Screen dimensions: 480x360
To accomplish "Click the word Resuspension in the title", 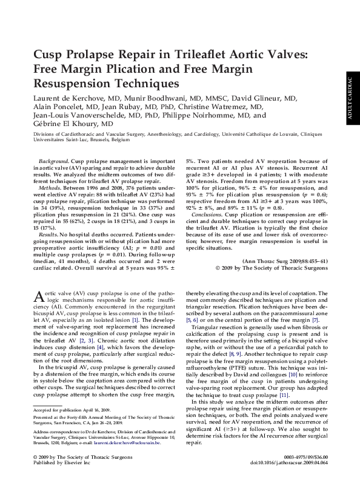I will click(73, 82).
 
